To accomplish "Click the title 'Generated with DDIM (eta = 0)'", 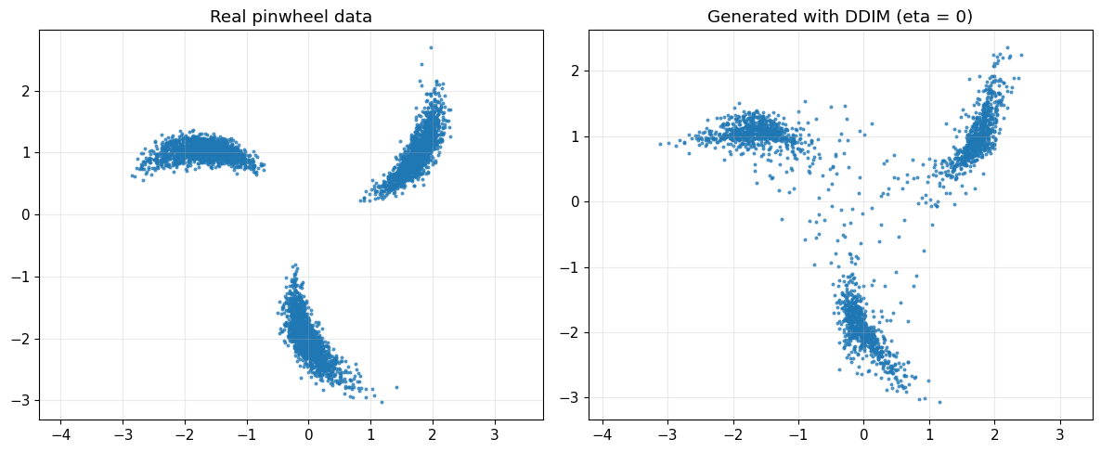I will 840,17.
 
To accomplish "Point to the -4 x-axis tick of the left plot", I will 61,433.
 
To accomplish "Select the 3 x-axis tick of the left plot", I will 494,433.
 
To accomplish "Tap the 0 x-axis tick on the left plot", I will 308,433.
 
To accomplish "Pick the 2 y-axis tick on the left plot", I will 22,91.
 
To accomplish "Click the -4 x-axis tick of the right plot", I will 602,433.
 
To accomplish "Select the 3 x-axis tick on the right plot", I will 1060,433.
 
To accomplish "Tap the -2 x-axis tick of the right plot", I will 733,433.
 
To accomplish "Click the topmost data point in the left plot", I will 431,47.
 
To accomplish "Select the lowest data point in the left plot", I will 381,402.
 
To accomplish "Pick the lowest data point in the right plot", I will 939,402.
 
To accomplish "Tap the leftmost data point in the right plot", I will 660,144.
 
